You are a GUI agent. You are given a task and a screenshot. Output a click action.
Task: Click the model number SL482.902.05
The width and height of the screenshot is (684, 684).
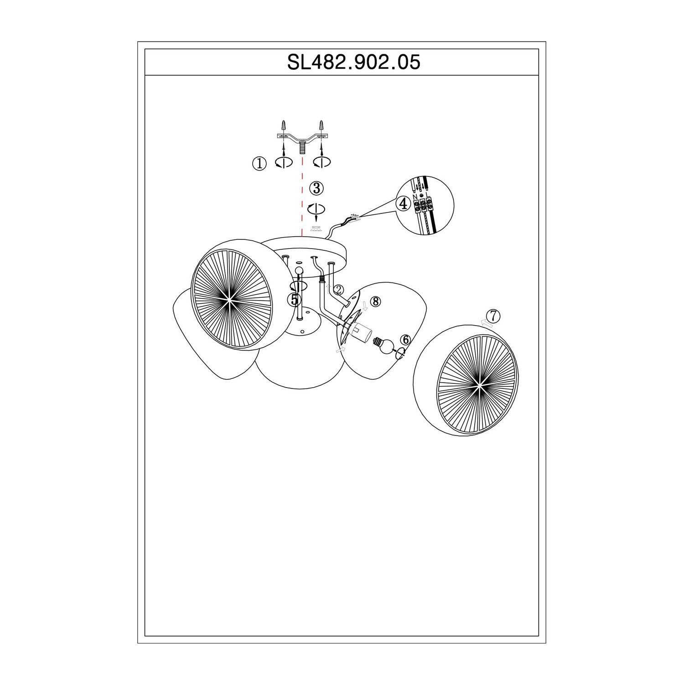pyautogui.click(x=353, y=62)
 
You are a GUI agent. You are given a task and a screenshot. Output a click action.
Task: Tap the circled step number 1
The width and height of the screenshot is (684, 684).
pyautogui.click(x=259, y=164)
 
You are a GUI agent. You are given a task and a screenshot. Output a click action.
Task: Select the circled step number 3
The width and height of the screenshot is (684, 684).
pyautogui.click(x=316, y=188)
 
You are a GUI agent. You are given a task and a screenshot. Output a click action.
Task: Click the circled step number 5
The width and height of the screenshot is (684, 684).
pyautogui.click(x=294, y=300)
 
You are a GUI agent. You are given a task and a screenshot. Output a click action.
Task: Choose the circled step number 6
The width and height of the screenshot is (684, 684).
pyautogui.click(x=405, y=340)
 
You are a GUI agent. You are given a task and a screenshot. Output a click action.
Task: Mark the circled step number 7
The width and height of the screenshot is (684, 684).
pyautogui.click(x=493, y=315)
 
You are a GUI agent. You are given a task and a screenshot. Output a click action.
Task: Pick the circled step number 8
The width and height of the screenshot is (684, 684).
pyautogui.click(x=375, y=301)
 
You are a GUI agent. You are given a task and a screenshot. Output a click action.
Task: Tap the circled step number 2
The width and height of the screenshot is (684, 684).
pyautogui.click(x=338, y=290)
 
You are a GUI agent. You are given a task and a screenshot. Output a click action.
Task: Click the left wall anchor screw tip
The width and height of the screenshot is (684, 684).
pyautogui.click(x=283, y=121)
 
